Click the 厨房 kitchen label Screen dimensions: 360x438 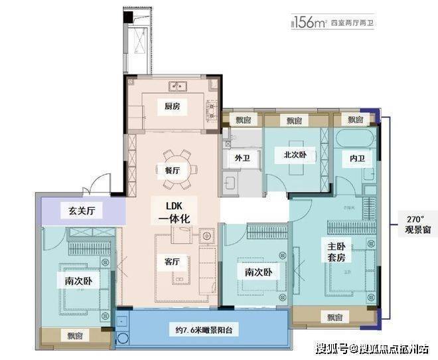(x=173, y=106)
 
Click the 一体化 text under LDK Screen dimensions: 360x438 (x=171, y=217)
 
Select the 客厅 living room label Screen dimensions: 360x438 (x=172, y=261)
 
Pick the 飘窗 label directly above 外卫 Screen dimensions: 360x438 (x=243, y=120)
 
